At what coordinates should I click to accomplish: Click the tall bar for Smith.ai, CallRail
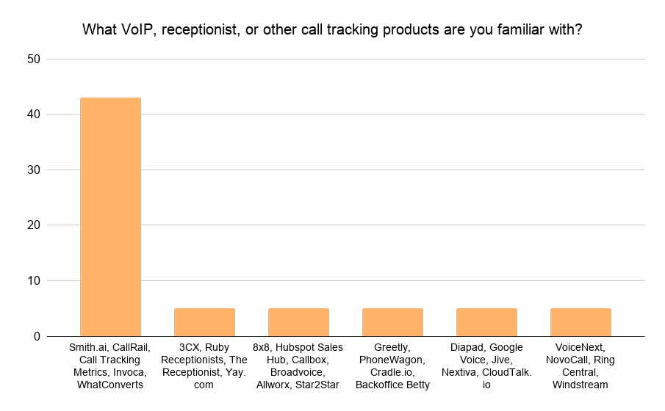click(110, 217)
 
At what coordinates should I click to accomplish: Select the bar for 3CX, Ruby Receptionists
click(204, 322)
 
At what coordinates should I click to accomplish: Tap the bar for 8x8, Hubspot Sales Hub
click(298, 322)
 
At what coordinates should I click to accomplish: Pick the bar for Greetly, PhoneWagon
click(392, 322)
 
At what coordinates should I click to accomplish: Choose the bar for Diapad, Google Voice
click(486, 322)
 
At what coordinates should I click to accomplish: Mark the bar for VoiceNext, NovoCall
click(580, 322)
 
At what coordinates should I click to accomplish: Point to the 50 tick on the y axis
click(33, 59)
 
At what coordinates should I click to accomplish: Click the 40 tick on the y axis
click(33, 114)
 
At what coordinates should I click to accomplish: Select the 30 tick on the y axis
click(33, 170)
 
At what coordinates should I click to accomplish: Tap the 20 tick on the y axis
click(33, 225)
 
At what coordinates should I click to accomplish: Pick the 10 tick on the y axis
click(33, 281)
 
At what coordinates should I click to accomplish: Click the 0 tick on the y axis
click(37, 336)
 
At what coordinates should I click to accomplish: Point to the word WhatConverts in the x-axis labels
click(110, 385)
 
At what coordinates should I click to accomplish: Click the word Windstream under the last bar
click(580, 385)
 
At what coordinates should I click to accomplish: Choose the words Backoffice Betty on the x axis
click(392, 385)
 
